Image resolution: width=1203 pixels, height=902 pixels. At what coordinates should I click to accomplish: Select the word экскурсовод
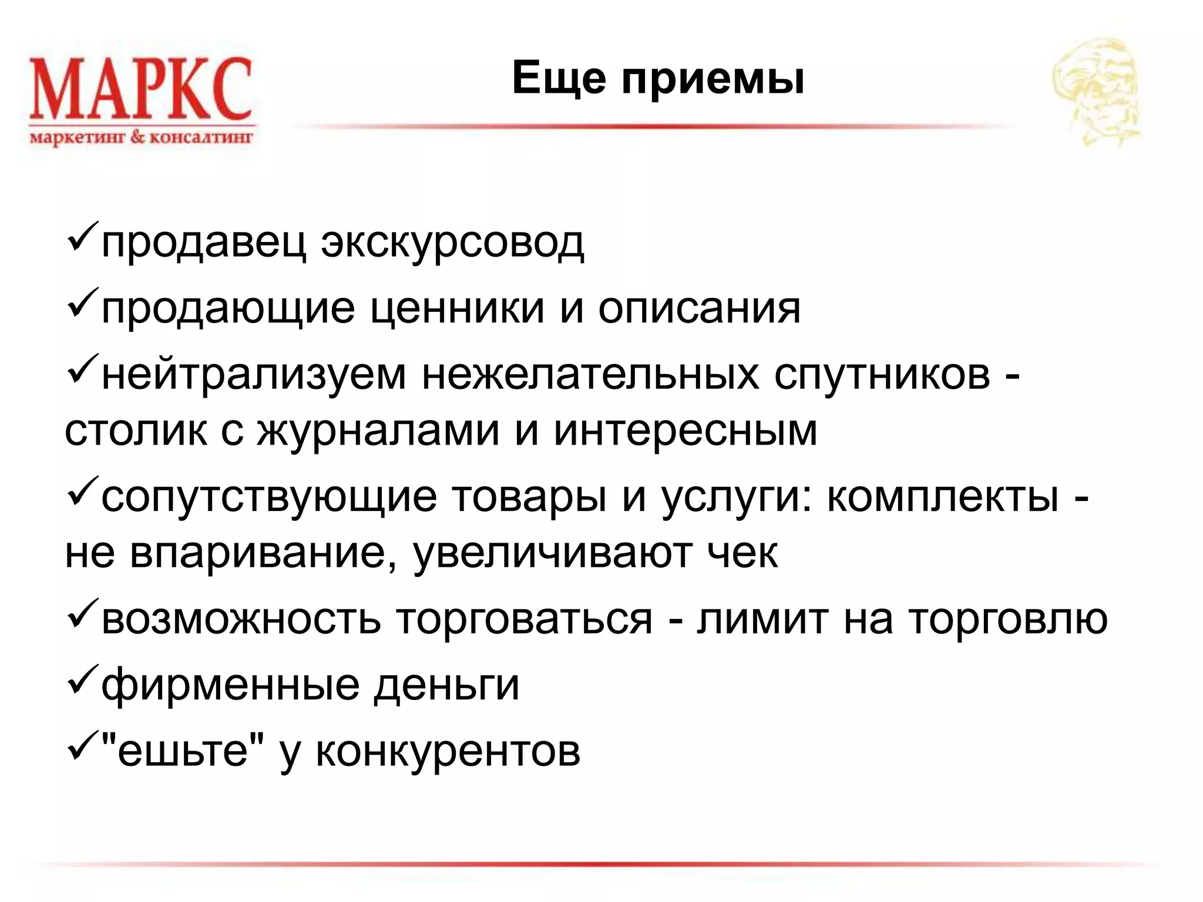[x=452, y=242]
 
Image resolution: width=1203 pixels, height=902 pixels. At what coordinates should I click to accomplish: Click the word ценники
[x=458, y=309]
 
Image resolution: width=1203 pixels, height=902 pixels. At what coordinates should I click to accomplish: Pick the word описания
[x=699, y=308]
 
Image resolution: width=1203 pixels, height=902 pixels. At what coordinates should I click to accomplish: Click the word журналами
[x=378, y=431]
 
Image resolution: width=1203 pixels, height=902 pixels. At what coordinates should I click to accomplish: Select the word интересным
[x=685, y=431]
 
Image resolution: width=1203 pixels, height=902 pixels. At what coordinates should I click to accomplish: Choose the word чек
[x=742, y=553]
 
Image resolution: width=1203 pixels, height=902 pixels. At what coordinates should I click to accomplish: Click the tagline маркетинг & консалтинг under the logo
[x=141, y=139]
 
